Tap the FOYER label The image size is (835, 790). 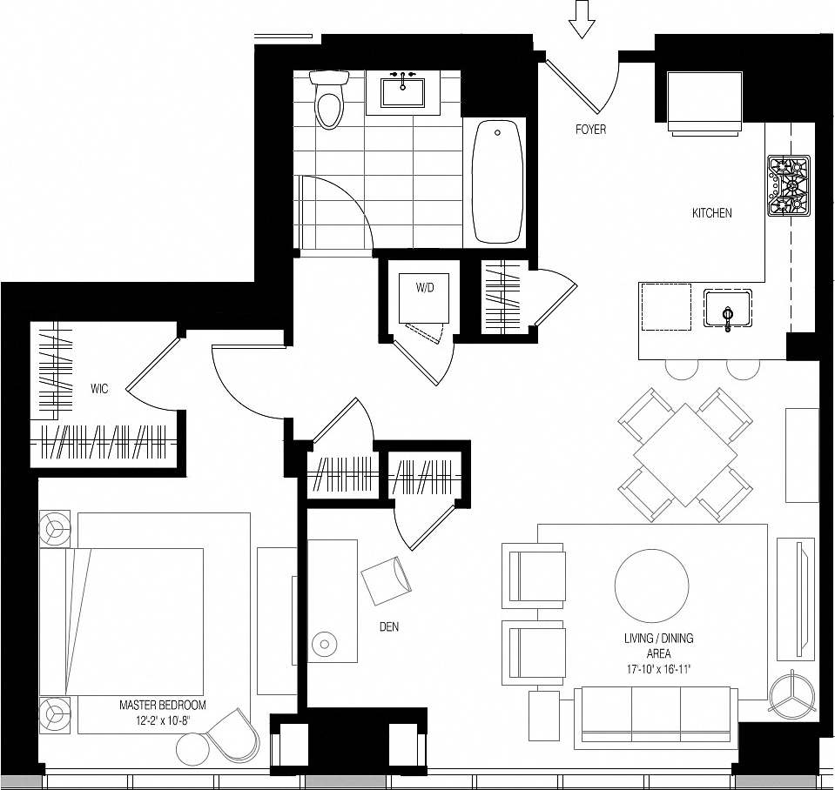tap(590, 130)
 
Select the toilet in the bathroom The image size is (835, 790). tap(329, 99)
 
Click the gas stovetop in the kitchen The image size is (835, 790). tap(789, 185)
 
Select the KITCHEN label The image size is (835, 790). tap(711, 213)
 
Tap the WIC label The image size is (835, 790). tap(99, 389)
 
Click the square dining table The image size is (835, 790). tap(685, 453)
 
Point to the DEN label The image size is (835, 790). tap(388, 626)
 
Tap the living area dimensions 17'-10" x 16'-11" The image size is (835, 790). tap(658, 669)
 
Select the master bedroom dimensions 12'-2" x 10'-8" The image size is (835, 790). tap(162, 720)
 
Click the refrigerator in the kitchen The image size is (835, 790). tap(704, 101)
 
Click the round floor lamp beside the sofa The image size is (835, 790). tap(793, 697)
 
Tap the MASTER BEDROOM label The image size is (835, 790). tap(162, 705)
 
